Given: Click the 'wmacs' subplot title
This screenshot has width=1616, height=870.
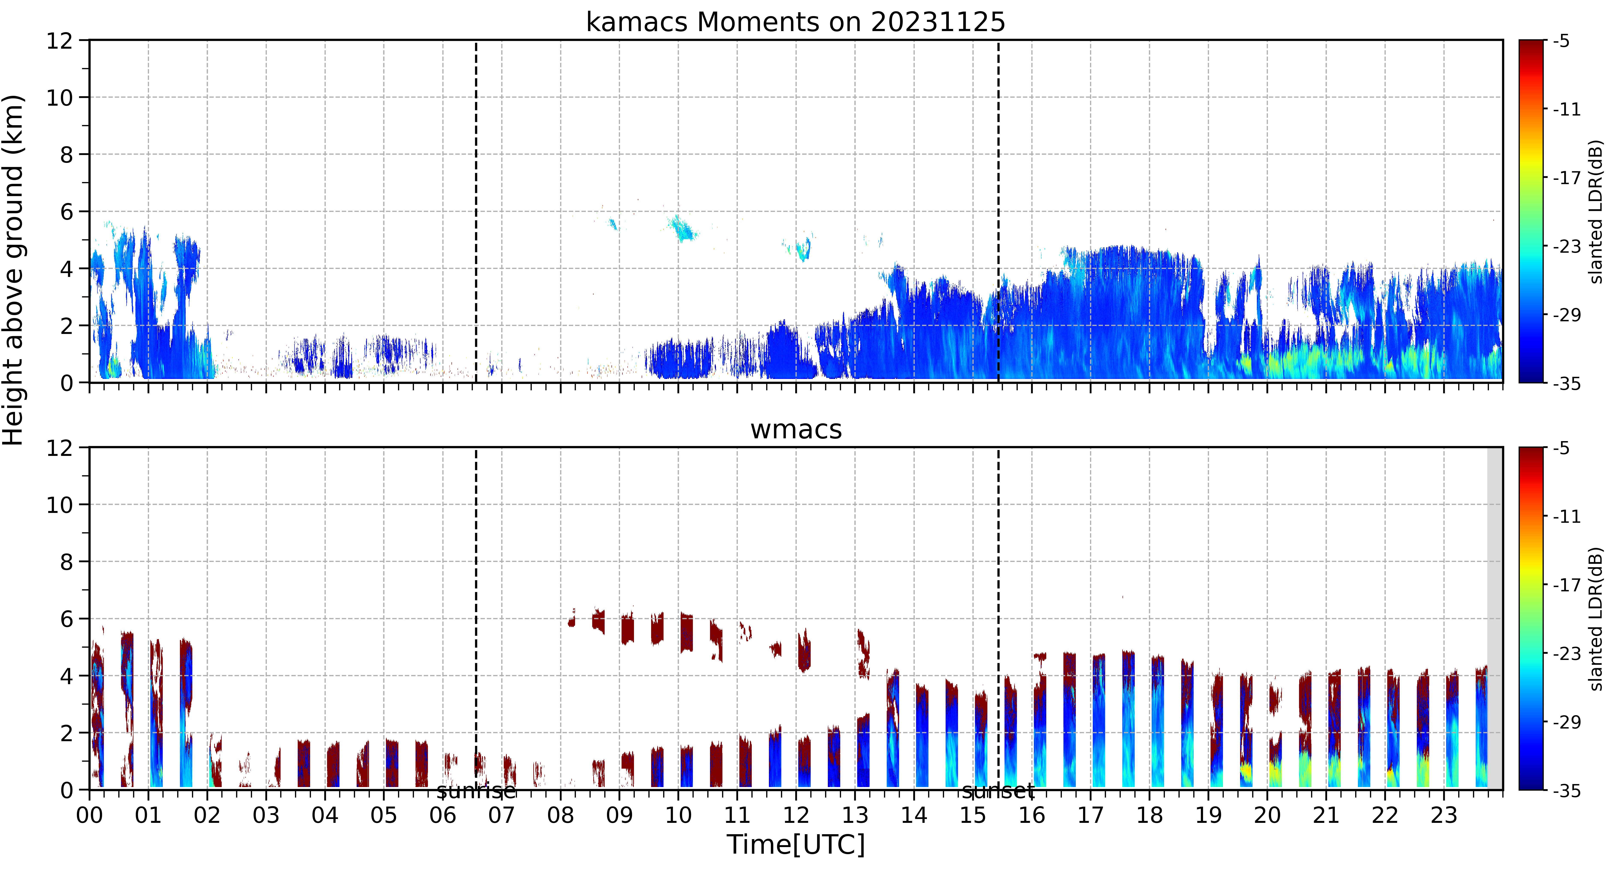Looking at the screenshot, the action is coord(796,430).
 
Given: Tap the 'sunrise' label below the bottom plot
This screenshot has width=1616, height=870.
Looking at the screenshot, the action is coord(476,792).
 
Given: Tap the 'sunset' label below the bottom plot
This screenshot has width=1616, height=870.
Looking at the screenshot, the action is coord(998,792).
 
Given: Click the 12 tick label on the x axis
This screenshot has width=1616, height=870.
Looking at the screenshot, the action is coord(796,815).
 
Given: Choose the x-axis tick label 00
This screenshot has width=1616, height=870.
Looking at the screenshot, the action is coord(90,815).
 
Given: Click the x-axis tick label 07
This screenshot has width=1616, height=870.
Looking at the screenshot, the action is coord(502,815).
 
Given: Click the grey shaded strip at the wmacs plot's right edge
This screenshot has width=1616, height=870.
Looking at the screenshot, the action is coord(1495,618).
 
